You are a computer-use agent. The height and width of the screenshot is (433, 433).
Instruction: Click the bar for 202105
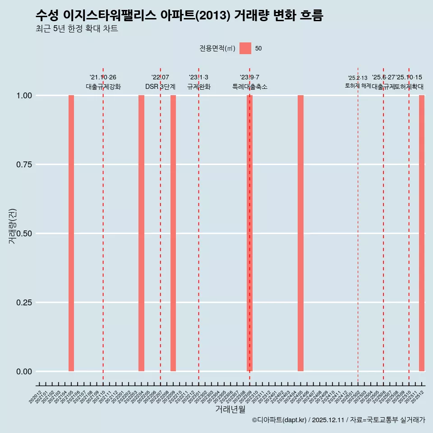[x=71, y=233]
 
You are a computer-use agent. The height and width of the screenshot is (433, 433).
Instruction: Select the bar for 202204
[x=141, y=233]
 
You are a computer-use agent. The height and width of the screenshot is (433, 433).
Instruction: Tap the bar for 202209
[x=173, y=233]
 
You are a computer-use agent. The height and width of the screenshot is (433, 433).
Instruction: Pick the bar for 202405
[x=300, y=233]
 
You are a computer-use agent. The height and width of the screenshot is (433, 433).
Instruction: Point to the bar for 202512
[x=422, y=233]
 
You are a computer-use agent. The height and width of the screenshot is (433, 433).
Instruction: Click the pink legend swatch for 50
[x=245, y=48]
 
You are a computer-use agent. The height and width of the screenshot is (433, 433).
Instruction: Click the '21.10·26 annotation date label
[x=103, y=77]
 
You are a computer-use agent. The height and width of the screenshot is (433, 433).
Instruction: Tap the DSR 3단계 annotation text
[x=160, y=87]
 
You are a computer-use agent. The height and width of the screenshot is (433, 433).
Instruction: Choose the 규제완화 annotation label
[x=198, y=87]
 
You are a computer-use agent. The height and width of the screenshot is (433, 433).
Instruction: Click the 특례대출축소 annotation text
[x=249, y=87]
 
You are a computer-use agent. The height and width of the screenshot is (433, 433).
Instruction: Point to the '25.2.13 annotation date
[x=358, y=78]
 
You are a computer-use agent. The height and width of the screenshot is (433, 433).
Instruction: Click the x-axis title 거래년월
[x=230, y=410]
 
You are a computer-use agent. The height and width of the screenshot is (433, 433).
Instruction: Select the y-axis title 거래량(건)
[x=13, y=226]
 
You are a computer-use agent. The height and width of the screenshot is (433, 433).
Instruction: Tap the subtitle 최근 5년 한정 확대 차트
[x=76, y=29]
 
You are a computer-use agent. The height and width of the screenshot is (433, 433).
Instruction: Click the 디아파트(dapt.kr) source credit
[x=280, y=420]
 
